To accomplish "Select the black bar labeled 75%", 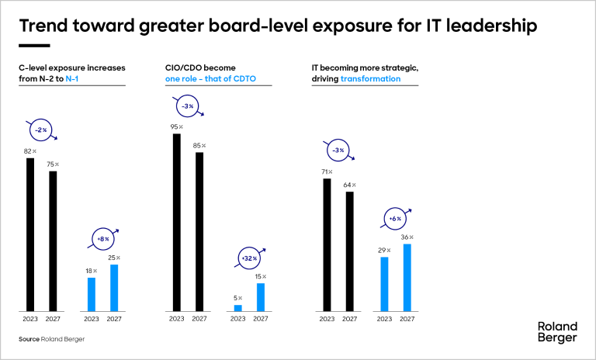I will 53,241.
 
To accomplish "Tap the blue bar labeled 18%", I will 92,294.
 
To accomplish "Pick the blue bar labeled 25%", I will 114,288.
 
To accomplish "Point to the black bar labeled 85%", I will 199,231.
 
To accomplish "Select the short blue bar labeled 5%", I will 238,307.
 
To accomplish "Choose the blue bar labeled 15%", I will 261,297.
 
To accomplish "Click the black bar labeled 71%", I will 327,245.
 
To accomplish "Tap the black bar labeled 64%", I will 349,251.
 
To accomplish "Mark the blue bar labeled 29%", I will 383,284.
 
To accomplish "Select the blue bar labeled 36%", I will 407,278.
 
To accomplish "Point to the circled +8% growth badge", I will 103,239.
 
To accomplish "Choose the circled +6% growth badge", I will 394,219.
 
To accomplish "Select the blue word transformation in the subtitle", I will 371,79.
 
